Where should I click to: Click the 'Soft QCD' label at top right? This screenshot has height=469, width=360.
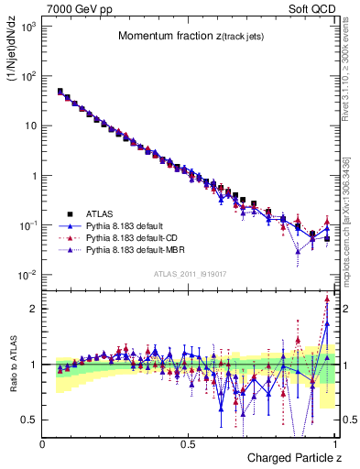(315, 8)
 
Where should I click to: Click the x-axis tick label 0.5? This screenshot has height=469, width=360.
(190, 443)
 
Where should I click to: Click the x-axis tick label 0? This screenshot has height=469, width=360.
(43, 443)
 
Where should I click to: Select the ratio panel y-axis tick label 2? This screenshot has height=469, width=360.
(34, 309)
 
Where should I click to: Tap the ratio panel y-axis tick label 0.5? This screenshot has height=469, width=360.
(29, 420)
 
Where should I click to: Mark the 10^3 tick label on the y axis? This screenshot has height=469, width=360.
(27, 27)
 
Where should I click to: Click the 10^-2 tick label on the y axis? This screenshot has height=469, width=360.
(27, 275)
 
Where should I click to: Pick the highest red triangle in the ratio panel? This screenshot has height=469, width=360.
(327, 300)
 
